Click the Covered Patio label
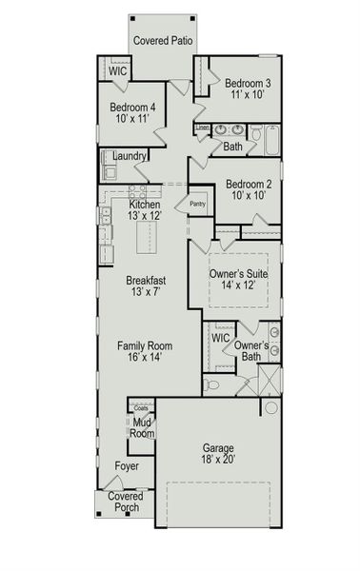[163, 41]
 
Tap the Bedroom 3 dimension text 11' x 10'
[248, 94]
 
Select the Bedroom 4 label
[132, 108]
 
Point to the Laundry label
[130, 156]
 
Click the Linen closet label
[203, 128]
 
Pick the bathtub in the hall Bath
[272, 140]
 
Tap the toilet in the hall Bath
[256, 132]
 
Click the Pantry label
[198, 204]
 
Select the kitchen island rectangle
[147, 237]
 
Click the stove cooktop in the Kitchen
[138, 191]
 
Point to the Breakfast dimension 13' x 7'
[146, 292]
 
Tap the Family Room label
[145, 345]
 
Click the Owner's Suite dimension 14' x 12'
[238, 285]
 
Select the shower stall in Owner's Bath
[270, 380]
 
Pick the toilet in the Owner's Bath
[211, 384]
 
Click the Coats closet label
[141, 408]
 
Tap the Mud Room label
[142, 428]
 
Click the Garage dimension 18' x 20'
[218, 460]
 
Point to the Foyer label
[127, 466]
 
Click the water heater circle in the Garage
[271, 407]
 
